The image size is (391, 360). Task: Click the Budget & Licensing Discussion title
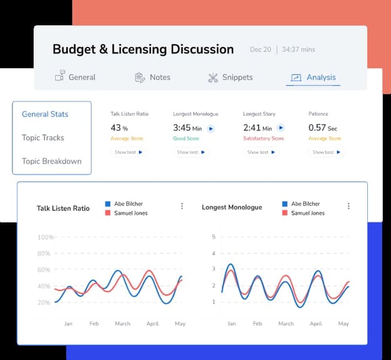pos(143,49)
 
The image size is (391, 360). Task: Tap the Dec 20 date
pos(260,49)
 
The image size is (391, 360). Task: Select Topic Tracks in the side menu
pos(43,138)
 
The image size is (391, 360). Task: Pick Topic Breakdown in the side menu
pos(51,161)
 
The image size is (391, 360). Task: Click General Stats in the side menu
pos(45,114)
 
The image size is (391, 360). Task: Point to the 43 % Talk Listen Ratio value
pos(119,128)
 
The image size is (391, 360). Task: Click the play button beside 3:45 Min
pos(211,128)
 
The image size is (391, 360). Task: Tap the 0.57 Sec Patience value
pos(323,128)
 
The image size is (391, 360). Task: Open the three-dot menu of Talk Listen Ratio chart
pos(182,206)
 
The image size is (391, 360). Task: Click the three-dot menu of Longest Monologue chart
pos(348,206)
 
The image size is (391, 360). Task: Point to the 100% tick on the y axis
pos(45,237)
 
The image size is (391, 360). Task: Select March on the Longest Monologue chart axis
pos(286,324)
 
